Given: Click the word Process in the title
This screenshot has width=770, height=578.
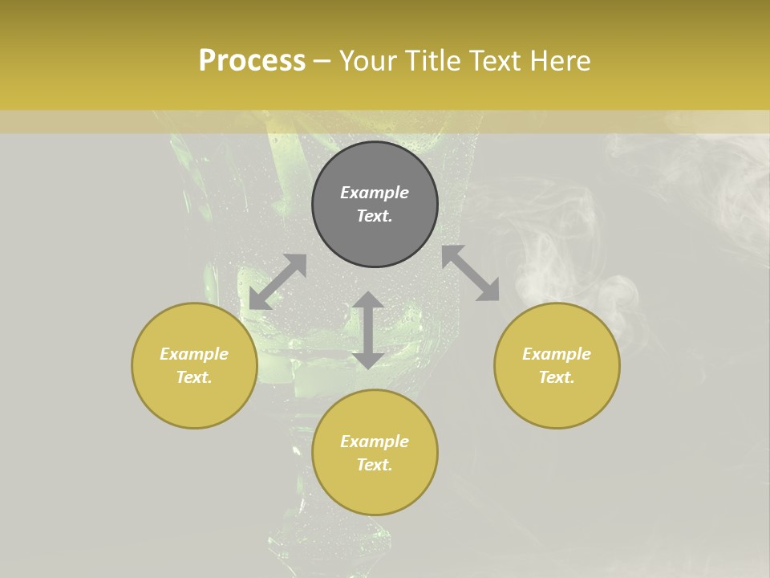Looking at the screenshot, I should pos(252,61).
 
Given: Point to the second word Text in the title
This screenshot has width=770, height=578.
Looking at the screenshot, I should pos(496,61).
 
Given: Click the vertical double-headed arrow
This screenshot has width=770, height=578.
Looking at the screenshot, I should pos(368,330).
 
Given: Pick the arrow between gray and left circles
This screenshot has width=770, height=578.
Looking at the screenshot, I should pos(278,282).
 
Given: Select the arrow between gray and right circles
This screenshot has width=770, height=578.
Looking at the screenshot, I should pos(470,273).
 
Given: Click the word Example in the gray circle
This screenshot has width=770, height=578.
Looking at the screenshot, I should pos(375,193).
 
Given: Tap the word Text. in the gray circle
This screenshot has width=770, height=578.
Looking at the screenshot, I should pos(375,216).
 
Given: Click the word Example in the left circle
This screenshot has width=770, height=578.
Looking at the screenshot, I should pos(194,354).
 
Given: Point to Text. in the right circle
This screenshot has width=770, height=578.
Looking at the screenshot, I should pos(557,377).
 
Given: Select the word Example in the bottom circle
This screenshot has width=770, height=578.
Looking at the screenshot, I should pos(375,442).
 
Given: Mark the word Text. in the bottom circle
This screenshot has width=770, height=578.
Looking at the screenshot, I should pos(375,465).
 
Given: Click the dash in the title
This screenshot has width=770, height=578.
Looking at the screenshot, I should pos(322,61).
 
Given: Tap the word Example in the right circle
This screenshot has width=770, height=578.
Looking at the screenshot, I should pos(557,354).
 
